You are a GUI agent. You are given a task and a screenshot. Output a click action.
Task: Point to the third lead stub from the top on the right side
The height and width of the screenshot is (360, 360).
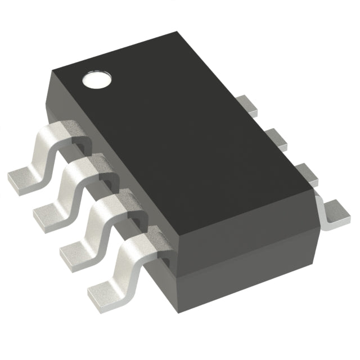(304, 170)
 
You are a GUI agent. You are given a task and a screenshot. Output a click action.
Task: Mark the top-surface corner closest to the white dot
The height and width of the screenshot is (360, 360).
(52, 71)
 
